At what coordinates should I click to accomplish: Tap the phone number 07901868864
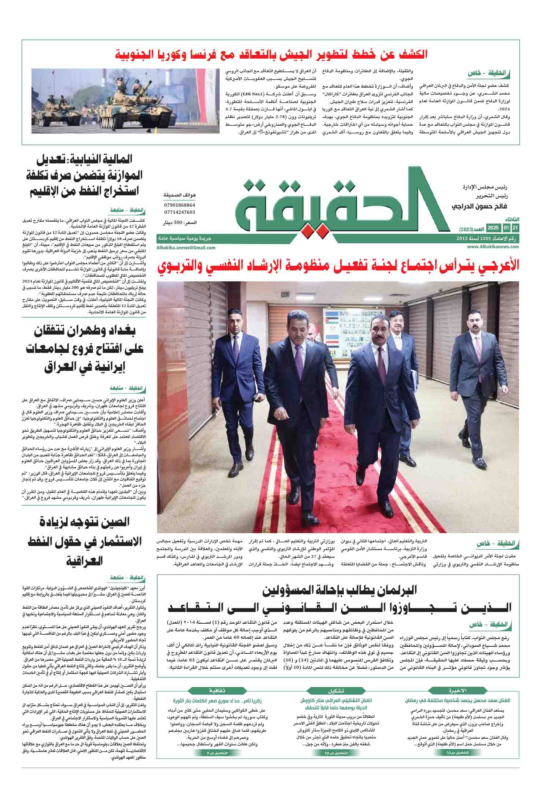point(180,205)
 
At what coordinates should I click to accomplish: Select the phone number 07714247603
point(180,212)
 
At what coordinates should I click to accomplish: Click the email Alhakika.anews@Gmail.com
point(186,248)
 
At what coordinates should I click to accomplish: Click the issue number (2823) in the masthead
point(467,229)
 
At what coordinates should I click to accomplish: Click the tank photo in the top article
point(124,101)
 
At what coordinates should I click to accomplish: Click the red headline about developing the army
point(272,54)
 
